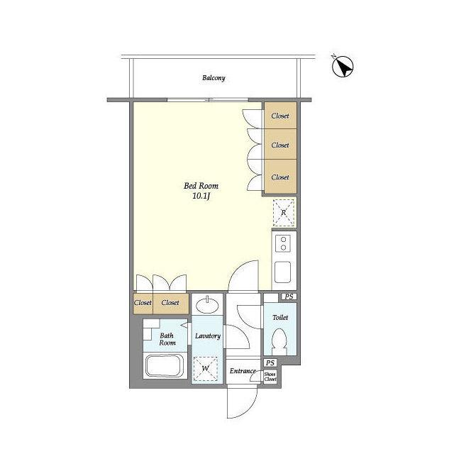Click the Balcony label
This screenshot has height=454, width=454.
click(x=214, y=78)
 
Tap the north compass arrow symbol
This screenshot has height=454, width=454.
click(x=343, y=67)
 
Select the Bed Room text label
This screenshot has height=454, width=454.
click(x=201, y=186)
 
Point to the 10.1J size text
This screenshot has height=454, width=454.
click(x=201, y=196)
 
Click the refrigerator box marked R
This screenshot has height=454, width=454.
click(x=284, y=213)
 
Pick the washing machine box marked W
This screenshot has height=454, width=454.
click(x=206, y=369)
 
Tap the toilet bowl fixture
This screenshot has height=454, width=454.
click(x=279, y=342)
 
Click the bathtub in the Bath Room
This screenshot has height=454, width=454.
click(x=165, y=366)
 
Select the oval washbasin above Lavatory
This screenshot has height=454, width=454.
click(x=207, y=305)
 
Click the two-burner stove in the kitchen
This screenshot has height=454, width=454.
click(x=284, y=243)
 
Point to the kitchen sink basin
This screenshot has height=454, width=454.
click(x=282, y=272)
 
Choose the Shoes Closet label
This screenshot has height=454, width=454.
click(x=270, y=377)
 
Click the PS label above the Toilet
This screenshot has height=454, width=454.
click(x=289, y=297)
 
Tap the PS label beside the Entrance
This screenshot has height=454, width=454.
click(x=270, y=362)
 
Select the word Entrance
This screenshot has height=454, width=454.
click(x=243, y=371)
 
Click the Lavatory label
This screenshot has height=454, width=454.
click(x=208, y=336)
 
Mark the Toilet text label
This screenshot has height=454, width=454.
click(x=280, y=318)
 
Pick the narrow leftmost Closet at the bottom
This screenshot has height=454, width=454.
click(x=143, y=304)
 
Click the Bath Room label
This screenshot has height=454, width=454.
click(x=167, y=339)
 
